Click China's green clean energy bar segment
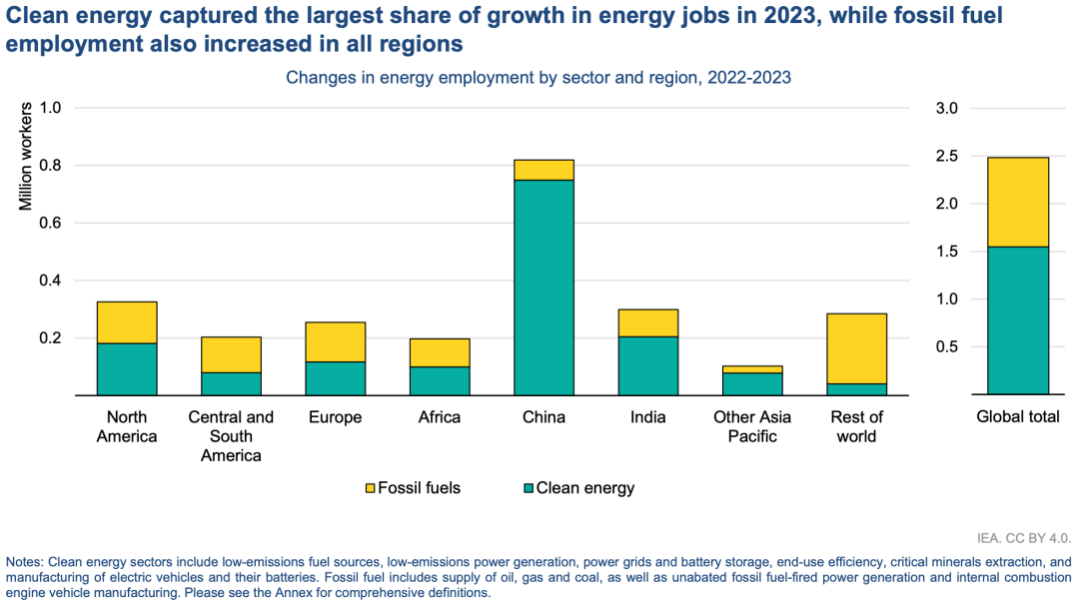[x=543, y=288]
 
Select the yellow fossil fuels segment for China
[x=543, y=170]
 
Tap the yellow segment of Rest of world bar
[x=856, y=348]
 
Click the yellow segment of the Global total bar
[x=1018, y=202]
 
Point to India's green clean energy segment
[x=647, y=365]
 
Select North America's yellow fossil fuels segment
[x=127, y=322]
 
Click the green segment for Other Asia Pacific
[x=752, y=384]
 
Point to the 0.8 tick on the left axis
[x=50, y=165]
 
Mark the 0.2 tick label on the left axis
[x=50, y=338]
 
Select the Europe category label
[x=336, y=417]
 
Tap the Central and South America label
[x=231, y=436]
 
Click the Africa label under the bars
[x=440, y=417]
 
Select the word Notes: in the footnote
[x=24, y=562]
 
